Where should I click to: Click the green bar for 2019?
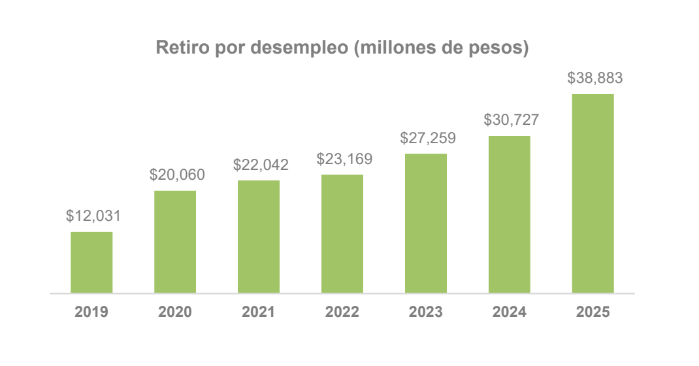point(91,262)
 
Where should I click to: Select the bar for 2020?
point(175,241)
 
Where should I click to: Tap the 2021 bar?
point(259,236)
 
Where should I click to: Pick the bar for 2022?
point(342,233)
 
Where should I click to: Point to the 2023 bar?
point(426,223)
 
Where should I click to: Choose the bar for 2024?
point(510,214)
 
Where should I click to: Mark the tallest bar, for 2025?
point(593,193)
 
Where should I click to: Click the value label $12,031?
point(93,216)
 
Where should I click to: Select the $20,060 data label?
point(177,175)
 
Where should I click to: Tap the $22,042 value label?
point(261,165)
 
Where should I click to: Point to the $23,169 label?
point(344,159)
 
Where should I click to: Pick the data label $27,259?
point(428,138)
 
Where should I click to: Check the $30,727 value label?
point(512,120)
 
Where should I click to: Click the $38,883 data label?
point(595,78)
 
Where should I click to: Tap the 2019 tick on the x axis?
point(91,312)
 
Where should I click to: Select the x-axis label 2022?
point(342,312)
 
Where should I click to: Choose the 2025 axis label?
point(593,312)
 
